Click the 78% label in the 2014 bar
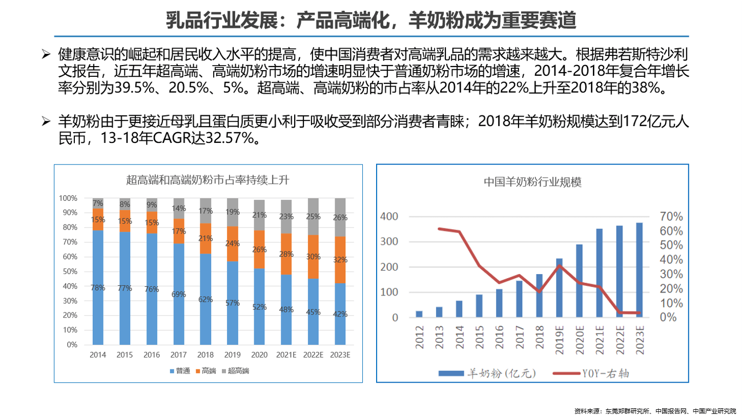(x=98, y=288)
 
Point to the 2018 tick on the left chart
(x=205, y=355)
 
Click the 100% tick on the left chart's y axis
(x=68, y=198)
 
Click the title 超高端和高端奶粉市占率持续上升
(x=208, y=180)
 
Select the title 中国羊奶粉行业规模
(x=533, y=182)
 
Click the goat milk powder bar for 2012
(x=419, y=314)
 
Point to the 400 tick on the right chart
(x=388, y=217)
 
